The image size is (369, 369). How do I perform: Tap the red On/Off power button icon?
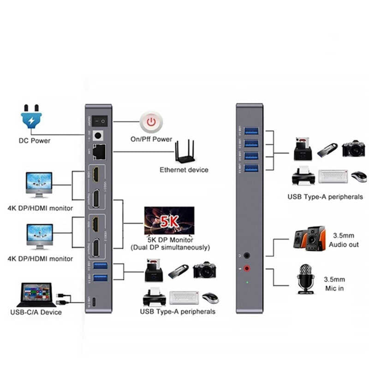click(x=150, y=122)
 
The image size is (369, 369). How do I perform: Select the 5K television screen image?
click(x=169, y=221)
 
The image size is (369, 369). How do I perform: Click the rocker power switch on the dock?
click(x=98, y=122)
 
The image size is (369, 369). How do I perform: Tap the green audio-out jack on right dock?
click(x=248, y=255)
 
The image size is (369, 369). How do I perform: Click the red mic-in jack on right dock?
click(x=248, y=268)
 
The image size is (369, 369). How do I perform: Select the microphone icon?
click(x=305, y=278)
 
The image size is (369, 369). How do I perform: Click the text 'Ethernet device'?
click(x=184, y=170)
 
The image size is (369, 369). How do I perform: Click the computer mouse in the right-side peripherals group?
click(x=358, y=177)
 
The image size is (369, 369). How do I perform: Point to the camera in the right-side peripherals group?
click(x=353, y=149)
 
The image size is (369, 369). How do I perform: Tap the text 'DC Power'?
click(x=35, y=140)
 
